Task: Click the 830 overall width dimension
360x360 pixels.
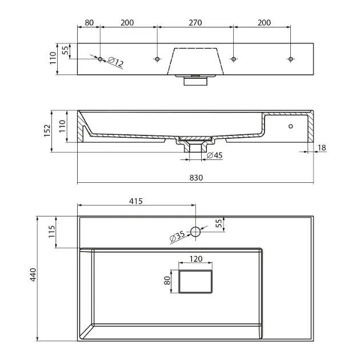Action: tap(197, 178)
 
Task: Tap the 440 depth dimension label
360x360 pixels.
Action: tap(33, 275)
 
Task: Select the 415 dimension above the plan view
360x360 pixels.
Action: tap(135, 201)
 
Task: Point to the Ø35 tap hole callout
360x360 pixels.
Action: tap(177, 236)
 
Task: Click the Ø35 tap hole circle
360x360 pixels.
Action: tap(195, 231)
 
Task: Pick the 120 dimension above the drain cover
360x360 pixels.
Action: tap(196, 259)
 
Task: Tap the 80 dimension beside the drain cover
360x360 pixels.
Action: tap(167, 281)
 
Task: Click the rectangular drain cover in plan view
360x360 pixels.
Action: tap(195, 282)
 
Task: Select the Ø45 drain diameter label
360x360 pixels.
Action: tap(215, 155)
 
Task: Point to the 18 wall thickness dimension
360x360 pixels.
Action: tap(322, 147)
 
